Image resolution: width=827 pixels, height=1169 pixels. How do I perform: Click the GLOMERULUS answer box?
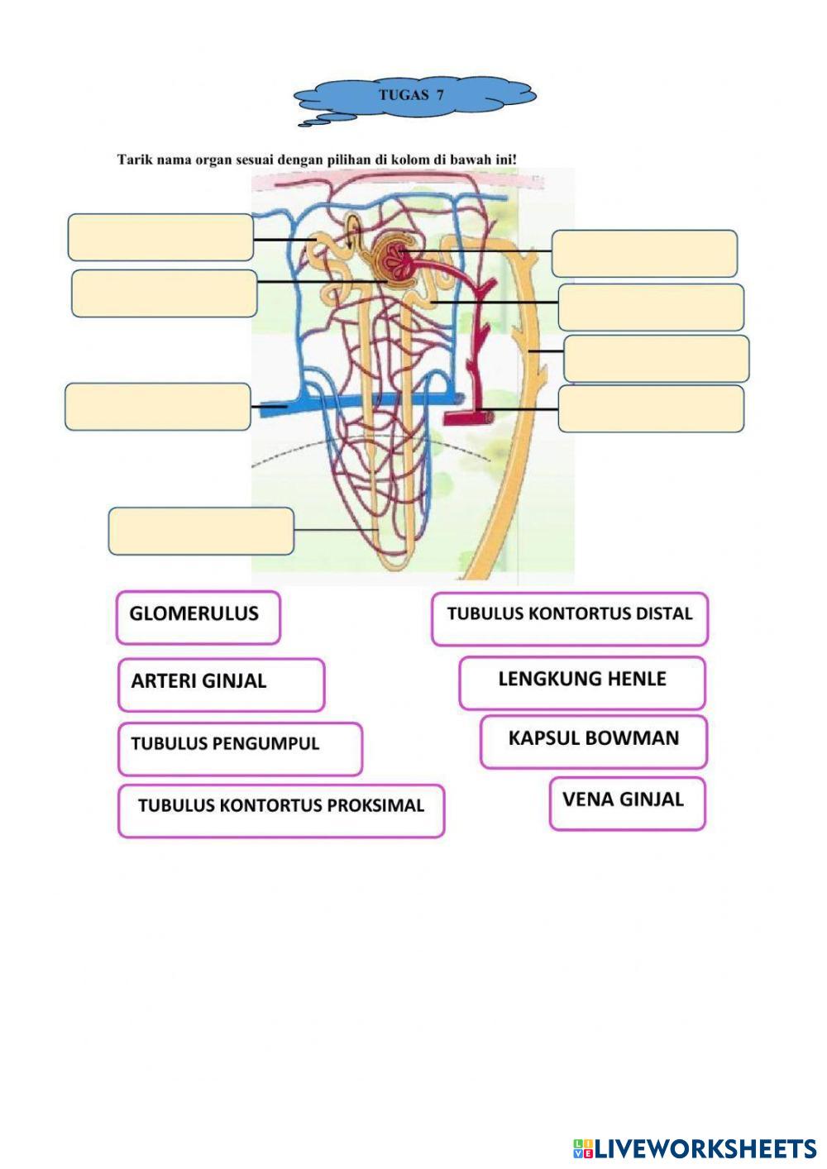pos(198,618)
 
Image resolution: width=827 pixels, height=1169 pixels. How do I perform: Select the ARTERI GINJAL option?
pos(221,685)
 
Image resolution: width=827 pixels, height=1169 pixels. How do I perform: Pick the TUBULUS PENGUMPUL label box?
pos(240,748)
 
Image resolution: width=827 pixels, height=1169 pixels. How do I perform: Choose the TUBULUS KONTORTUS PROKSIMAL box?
pos(281,810)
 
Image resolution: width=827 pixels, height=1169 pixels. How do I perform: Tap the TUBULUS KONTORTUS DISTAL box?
pos(570,618)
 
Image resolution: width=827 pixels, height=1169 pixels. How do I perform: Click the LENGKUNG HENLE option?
pos(582,683)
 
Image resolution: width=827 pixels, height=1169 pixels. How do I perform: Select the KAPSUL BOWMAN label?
pos(594,742)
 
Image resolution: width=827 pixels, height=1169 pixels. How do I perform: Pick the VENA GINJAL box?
pos(627,803)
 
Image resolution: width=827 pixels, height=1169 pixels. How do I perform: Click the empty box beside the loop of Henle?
pos(201,531)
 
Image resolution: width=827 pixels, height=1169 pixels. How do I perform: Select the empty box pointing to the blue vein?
pos(158,407)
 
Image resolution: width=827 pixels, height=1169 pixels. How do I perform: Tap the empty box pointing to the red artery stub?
pos(651,408)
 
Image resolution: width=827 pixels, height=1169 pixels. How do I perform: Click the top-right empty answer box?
pos(644,253)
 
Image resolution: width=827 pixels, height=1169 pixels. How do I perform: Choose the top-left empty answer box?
pos(160,237)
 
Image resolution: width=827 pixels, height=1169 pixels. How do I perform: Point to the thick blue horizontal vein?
pos(361,404)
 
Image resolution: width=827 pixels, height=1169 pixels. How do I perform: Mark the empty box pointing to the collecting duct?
pos(657,358)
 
